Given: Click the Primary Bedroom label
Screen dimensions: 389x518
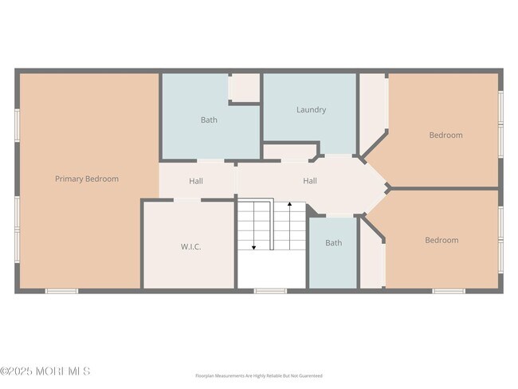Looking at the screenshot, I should (86, 179).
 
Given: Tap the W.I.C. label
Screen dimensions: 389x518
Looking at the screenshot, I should (190, 247).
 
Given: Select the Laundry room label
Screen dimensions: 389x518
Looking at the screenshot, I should (311, 110).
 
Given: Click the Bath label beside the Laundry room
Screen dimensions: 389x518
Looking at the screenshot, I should (209, 120).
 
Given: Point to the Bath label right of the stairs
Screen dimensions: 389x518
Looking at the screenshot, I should (333, 243).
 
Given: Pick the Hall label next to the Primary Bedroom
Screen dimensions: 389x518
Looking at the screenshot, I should (196, 181).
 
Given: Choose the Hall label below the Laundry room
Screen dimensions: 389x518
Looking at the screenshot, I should (310, 181).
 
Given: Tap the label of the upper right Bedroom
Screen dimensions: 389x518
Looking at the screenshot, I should (445, 136).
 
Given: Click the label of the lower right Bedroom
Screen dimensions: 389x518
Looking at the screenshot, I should (441, 240).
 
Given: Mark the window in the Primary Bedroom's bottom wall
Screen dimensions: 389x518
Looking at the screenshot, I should (61, 291).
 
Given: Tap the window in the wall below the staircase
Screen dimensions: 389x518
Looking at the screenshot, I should (270, 291).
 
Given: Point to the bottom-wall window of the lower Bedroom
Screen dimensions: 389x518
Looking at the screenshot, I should (449, 291).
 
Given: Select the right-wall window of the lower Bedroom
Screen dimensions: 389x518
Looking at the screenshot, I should (500, 237).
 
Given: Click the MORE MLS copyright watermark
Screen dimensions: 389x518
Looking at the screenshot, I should (45, 371).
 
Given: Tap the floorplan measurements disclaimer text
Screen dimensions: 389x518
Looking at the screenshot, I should (259, 375).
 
